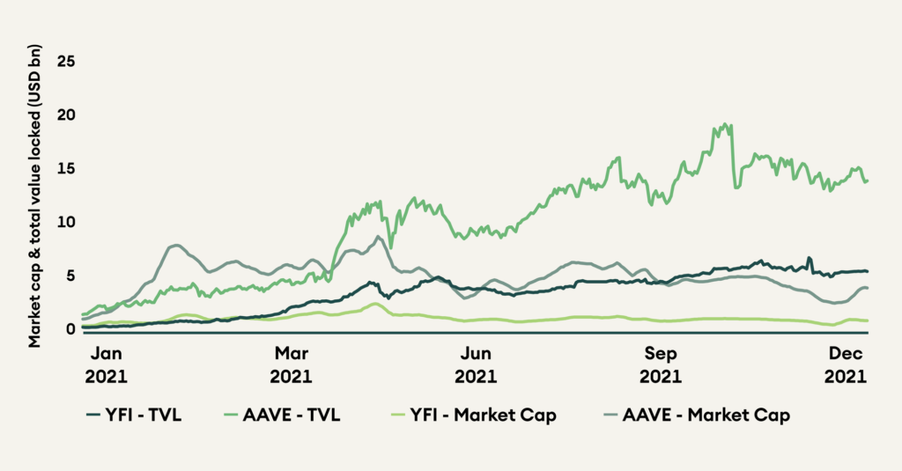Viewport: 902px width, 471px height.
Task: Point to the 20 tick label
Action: pos(64,114)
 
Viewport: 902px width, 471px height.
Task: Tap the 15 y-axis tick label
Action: pos(64,168)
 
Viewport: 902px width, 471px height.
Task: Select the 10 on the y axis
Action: pos(64,221)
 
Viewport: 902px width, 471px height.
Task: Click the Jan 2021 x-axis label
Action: pos(106,365)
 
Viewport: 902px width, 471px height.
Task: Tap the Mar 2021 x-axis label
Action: pos(292,365)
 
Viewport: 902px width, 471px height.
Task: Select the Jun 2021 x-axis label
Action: pos(477,365)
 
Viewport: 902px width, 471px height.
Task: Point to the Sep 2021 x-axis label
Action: pos(662,365)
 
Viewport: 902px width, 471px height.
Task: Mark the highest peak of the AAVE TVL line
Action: pos(726,124)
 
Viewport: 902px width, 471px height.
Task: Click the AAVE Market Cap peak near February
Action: pos(177,245)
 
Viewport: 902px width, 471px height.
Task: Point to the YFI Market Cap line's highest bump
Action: pos(375,304)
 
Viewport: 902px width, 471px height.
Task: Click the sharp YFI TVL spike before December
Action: pos(809,258)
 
